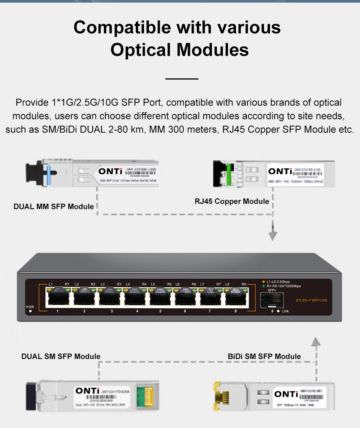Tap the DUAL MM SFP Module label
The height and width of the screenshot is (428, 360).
[54, 207]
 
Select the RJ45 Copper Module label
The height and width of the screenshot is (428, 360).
[232, 201]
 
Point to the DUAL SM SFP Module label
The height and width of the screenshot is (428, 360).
[61, 356]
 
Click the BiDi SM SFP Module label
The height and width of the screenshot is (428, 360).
[264, 356]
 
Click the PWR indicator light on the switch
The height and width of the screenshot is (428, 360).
[30, 311]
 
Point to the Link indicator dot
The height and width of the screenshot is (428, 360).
[278, 311]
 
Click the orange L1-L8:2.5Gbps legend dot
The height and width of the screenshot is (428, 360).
[263, 282]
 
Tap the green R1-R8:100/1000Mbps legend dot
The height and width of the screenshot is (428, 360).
[263, 286]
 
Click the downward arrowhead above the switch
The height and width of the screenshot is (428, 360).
[273, 236]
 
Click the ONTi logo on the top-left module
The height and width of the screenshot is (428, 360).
[110, 171]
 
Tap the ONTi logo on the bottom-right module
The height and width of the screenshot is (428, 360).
[286, 394]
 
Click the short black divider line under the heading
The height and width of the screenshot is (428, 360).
[181, 79]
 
